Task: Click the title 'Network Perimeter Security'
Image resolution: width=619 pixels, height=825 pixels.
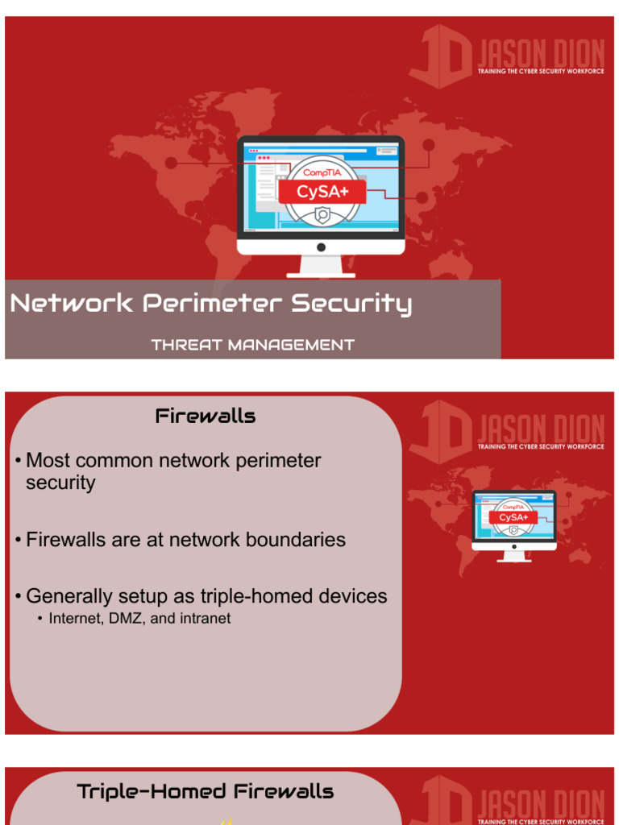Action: pos(211,304)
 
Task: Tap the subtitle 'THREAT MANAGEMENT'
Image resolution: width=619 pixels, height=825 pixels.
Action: pos(252,345)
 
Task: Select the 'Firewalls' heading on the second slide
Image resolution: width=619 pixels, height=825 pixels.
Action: pos(206,416)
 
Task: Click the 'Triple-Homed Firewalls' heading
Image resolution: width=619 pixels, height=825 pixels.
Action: pos(206,791)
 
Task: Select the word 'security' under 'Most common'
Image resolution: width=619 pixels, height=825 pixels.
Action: pos(60,483)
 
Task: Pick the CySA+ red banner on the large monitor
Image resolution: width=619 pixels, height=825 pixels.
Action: pos(322,192)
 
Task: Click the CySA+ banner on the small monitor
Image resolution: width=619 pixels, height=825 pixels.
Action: pos(513,517)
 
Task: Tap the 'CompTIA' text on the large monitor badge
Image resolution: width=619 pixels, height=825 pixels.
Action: pos(322,172)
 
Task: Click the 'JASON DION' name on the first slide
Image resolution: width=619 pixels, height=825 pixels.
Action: pos(540,56)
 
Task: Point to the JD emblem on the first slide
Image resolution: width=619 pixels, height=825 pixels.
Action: pos(441,55)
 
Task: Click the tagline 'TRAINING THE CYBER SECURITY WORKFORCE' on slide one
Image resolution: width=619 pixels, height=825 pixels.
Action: pos(540,72)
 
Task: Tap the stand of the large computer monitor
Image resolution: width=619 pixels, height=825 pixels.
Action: pos(321,265)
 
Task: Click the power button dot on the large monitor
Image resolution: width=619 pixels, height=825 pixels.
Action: pos(321,246)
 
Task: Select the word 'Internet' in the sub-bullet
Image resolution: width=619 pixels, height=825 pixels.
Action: pos(72,619)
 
